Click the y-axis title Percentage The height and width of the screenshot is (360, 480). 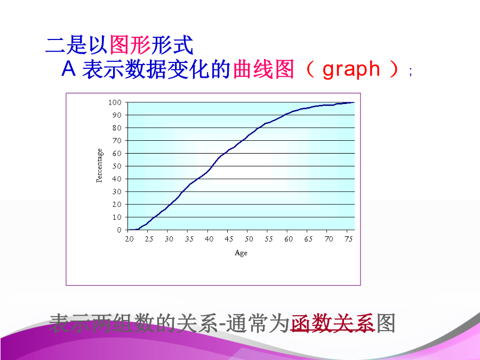coord(100,166)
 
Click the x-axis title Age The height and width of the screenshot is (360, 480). coord(241,253)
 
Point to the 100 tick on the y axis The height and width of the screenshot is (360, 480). coord(115,102)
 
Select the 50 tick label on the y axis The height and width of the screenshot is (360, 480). coord(117,166)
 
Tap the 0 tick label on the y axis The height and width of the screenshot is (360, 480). coord(119,230)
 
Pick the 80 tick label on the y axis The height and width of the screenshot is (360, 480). coord(117,128)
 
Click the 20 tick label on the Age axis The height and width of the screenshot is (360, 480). coord(129,239)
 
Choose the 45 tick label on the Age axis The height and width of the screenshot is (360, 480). coord(229,239)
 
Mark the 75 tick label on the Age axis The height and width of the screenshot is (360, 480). coord(349,239)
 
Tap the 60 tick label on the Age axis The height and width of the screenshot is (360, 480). coord(289,239)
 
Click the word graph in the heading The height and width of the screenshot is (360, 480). coord(351,69)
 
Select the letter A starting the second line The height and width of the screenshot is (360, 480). coord(69,68)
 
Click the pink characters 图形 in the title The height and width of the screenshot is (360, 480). coord(130,45)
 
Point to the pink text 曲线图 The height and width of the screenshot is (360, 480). coord(263,69)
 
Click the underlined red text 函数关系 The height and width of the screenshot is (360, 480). coord(333,323)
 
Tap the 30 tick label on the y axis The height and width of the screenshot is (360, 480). coord(117,191)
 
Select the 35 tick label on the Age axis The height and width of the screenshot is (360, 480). coord(189,239)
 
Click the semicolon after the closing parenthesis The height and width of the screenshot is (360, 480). coord(411,72)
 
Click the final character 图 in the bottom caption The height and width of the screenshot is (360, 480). coord(386,323)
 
